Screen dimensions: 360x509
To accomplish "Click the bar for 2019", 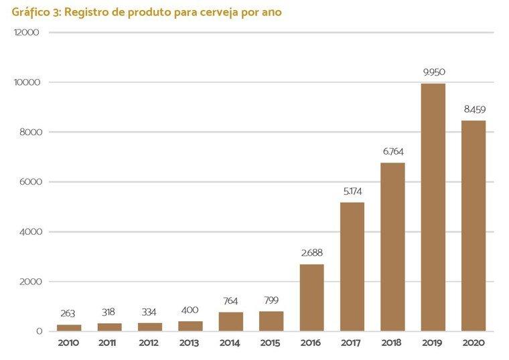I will tap(433, 207).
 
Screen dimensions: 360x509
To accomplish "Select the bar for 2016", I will tap(311, 298).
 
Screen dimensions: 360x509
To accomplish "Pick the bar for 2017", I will tap(352, 267).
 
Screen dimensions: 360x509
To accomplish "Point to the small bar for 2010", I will tap(69, 328).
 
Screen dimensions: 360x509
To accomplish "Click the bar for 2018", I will tap(392, 247).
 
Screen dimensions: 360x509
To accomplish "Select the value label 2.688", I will tap(311, 253).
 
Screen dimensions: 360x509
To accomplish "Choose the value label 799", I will tap(271, 300).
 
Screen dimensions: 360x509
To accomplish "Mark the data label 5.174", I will tap(352, 191).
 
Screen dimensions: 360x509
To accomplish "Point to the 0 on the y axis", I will tap(40, 331).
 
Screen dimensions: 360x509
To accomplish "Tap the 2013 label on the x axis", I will tap(190, 343).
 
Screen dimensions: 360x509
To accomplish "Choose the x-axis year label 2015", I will tap(271, 343).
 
